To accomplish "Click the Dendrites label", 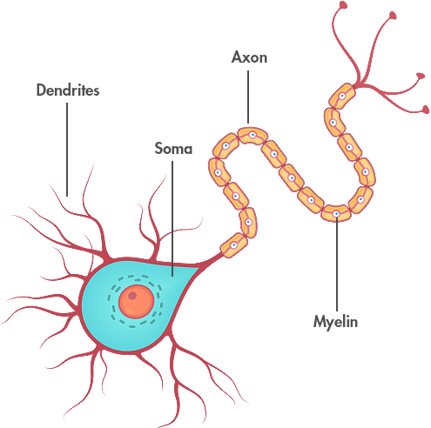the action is (x=68, y=90).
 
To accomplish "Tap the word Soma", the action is (x=173, y=149).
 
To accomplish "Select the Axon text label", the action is (x=249, y=57).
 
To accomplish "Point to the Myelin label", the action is (x=335, y=322).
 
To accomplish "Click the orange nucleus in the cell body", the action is (x=136, y=302).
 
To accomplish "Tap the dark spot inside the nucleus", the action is (x=132, y=296).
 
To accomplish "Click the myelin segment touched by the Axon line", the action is (x=253, y=136).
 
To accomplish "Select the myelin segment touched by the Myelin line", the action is (x=336, y=213).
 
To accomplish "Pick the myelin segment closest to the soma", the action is (x=234, y=245).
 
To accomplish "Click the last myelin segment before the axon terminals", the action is (x=342, y=96).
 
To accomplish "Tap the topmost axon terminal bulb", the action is (x=343, y=5).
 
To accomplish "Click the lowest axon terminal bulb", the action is (x=425, y=110).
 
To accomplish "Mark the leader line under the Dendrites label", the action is (x=67, y=150).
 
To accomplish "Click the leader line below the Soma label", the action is (x=172, y=218).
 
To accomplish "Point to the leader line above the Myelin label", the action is (x=337, y=264).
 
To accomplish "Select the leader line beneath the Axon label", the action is (x=248, y=97).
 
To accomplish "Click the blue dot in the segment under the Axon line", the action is (x=253, y=135).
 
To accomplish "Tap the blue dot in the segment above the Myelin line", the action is (x=336, y=214).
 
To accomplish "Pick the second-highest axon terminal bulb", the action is (x=393, y=16).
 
